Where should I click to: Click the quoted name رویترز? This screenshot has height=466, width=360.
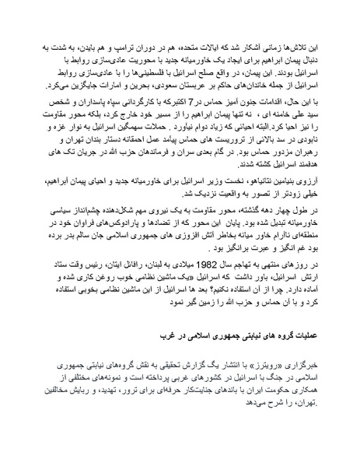269,365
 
